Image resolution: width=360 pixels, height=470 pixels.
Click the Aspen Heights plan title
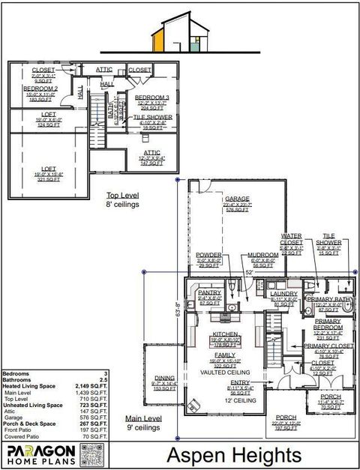pos(233,454)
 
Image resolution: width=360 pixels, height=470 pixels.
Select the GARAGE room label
pos(234,199)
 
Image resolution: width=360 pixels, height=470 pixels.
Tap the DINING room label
pos(164,378)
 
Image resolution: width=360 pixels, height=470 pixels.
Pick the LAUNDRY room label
pos(283,293)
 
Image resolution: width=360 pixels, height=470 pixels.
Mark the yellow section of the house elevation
pos(158,37)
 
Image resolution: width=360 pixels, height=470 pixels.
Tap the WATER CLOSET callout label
pos(292,239)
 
